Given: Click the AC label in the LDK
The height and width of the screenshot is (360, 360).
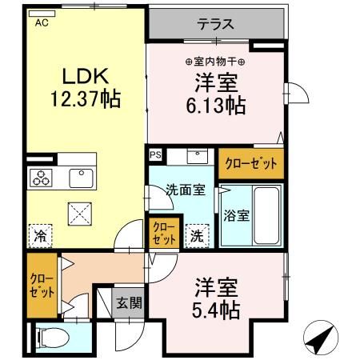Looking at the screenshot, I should [x=40, y=24].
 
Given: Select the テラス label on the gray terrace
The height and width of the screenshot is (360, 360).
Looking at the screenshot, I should [x=216, y=23].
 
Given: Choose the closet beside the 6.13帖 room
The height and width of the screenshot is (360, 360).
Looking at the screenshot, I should [x=251, y=163].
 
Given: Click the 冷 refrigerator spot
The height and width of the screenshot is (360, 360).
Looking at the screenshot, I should [x=38, y=236].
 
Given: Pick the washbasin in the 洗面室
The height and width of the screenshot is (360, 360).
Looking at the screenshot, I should [x=197, y=156].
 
